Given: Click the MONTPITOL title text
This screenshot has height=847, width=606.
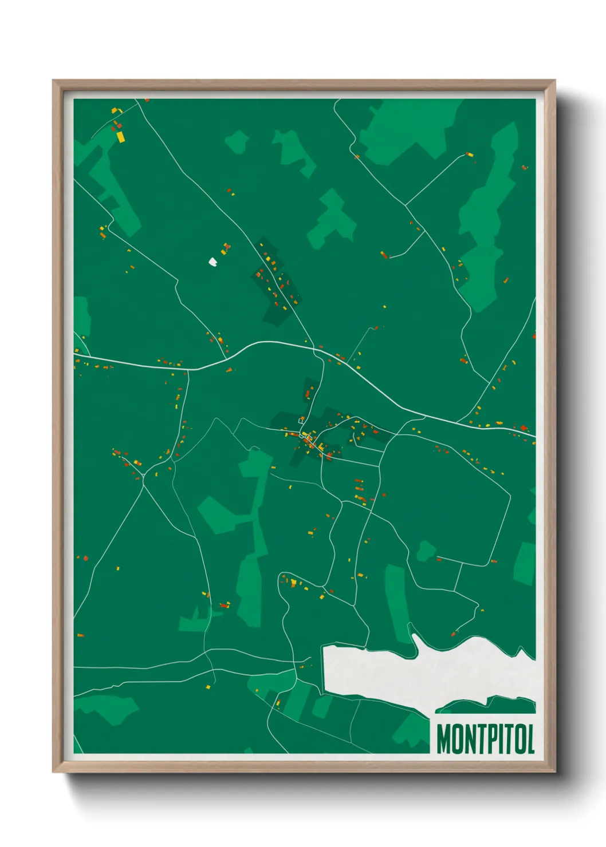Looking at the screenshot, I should (485, 739).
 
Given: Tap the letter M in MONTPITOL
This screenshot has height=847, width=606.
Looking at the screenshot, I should (443, 739).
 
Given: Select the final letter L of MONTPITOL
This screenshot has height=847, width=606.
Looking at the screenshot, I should (530, 739).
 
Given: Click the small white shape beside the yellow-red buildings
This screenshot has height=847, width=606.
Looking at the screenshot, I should (213, 262).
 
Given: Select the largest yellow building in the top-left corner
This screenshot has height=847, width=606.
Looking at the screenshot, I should (121, 137).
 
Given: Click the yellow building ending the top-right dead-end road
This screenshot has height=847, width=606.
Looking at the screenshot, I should (469, 154).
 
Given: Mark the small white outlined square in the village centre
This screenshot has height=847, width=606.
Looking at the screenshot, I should (301, 421).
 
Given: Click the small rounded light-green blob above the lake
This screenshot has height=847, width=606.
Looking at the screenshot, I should (426, 551).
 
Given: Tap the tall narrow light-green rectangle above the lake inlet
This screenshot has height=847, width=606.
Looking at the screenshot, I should (395, 601).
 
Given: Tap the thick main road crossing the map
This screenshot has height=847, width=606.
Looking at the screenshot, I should (269, 343).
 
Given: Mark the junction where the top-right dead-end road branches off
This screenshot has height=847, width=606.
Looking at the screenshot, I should (406, 205).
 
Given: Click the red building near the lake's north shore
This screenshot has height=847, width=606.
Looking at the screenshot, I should (453, 634).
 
